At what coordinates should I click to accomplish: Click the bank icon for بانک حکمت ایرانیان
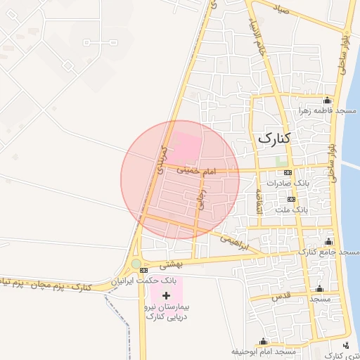pyautogui.click(x=143, y=271)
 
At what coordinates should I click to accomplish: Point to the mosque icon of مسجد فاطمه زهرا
pyautogui.click(x=327, y=101)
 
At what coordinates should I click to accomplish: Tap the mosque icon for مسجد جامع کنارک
pyautogui.click(x=329, y=241)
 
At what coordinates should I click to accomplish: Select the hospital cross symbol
pyautogui.click(x=166, y=296)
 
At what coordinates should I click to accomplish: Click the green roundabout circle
pyautogui.click(x=136, y=264)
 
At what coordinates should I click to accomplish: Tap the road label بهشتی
pyautogui.click(x=171, y=265)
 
